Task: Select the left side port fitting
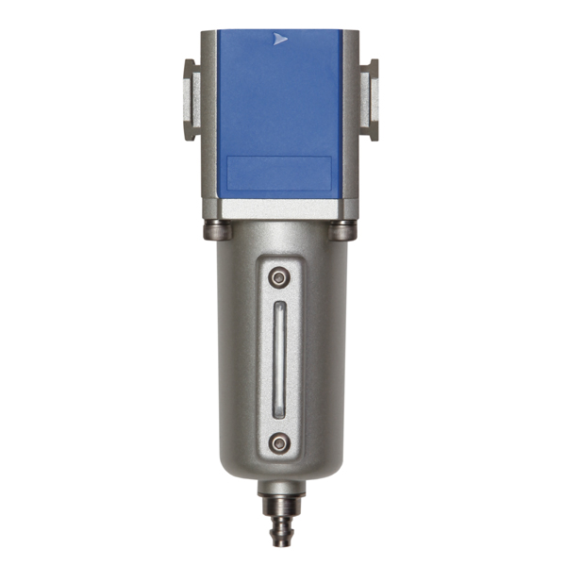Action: [191, 99]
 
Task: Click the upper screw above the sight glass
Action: [277, 277]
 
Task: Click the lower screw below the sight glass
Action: [277, 442]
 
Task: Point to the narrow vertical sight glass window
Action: [278, 360]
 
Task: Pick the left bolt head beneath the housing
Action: [215, 229]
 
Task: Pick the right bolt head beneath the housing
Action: [343, 229]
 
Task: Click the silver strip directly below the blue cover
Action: [280, 208]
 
